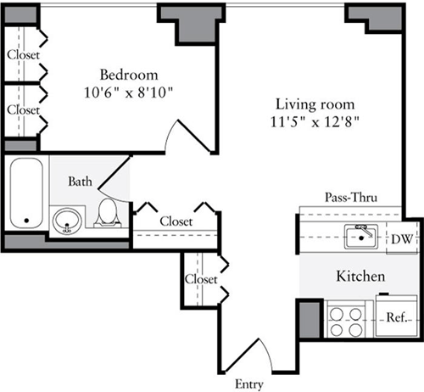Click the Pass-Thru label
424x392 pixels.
[x=350, y=198]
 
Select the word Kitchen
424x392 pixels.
[x=362, y=277]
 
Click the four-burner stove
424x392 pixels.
[x=346, y=320]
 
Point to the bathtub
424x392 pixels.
[x=26, y=193]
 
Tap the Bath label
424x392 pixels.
[x=81, y=181]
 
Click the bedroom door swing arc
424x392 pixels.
[x=188, y=134]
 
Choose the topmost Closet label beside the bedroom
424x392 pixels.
[x=23, y=55]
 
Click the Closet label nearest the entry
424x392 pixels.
[x=201, y=278]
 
